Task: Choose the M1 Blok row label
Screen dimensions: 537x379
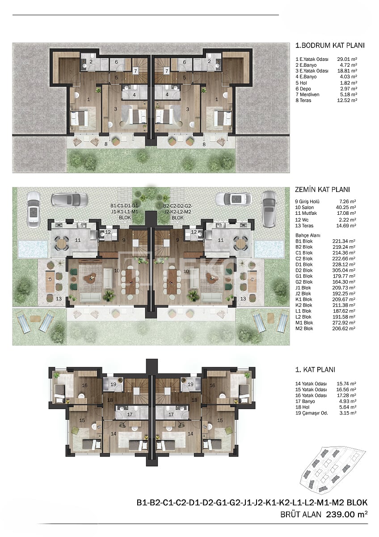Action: tap(304, 323)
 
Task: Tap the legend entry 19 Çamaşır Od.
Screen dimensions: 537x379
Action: tap(312, 413)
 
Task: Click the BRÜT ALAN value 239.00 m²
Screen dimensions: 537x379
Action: tap(348, 515)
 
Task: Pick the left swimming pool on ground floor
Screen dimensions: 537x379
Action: tap(33, 247)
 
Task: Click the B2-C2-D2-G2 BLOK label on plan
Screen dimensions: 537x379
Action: tap(178, 212)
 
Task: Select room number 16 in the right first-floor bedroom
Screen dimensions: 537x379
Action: tap(212, 385)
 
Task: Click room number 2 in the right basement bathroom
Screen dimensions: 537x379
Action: tap(209, 62)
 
